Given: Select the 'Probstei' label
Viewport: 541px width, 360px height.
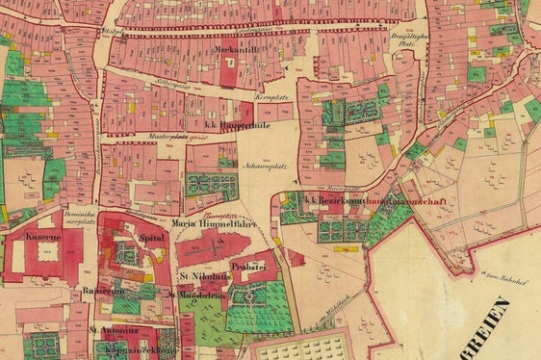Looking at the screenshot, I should coord(247,264).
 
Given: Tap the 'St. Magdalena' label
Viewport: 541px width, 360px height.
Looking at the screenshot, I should coord(196,296).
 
